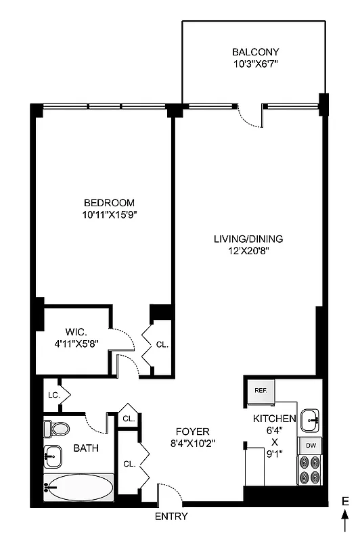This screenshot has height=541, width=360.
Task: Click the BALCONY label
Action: [255, 51]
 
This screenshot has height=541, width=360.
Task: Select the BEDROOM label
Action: [109, 202]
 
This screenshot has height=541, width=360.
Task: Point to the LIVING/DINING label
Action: [248, 238]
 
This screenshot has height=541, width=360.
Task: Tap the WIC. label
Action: [74, 331]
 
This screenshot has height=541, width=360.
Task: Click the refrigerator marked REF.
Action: [260, 391]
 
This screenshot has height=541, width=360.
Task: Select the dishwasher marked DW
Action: [310, 446]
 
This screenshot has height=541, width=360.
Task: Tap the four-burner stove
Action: [310, 470]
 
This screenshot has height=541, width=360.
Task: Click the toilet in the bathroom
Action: [55, 428]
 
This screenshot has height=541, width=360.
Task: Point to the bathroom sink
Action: [53, 457]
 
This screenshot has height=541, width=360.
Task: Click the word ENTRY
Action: [171, 517]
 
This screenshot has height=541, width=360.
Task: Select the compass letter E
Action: [344, 501]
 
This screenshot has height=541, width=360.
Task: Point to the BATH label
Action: [85, 448]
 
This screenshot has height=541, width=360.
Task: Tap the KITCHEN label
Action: [275, 419]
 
